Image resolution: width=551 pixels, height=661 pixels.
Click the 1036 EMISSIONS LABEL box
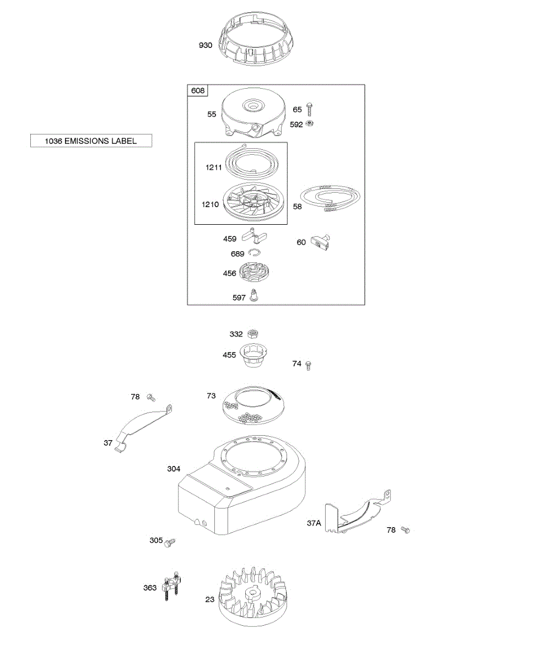coord(91,141)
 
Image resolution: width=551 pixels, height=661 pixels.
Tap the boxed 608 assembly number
coord(197,91)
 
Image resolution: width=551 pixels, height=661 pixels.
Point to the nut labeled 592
coord(311,124)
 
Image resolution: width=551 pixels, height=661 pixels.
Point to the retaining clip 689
coord(254,253)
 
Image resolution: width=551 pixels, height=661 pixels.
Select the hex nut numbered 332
coord(253,334)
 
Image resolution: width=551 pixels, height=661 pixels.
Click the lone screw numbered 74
coord(309,365)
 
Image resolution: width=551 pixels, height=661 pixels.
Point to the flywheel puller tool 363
coord(171,586)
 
